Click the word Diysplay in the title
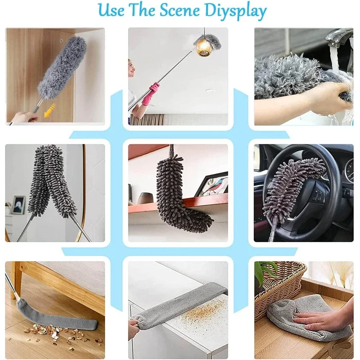pyautogui.click(x=235, y=11)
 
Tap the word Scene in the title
pyautogui.click(x=180, y=10)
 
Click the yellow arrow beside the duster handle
pyautogui.click(x=50, y=110)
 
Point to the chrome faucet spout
pyautogui.click(x=337, y=37)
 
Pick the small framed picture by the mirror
pyautogui.click(x=19, y=205)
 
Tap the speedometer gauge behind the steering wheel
pyautogui.click(x=350, y=171)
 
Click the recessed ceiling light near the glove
pyautogui.click(x=210, y=91)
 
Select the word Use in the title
pyautogui.click(x=111, y=10)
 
